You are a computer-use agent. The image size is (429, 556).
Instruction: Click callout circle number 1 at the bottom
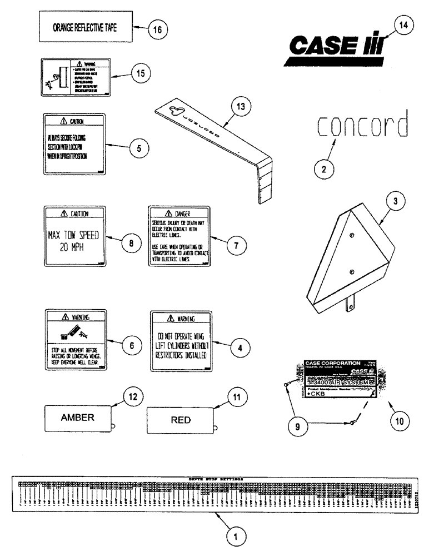(236, 537)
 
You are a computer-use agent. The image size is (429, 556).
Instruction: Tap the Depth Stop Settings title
(217, 478)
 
